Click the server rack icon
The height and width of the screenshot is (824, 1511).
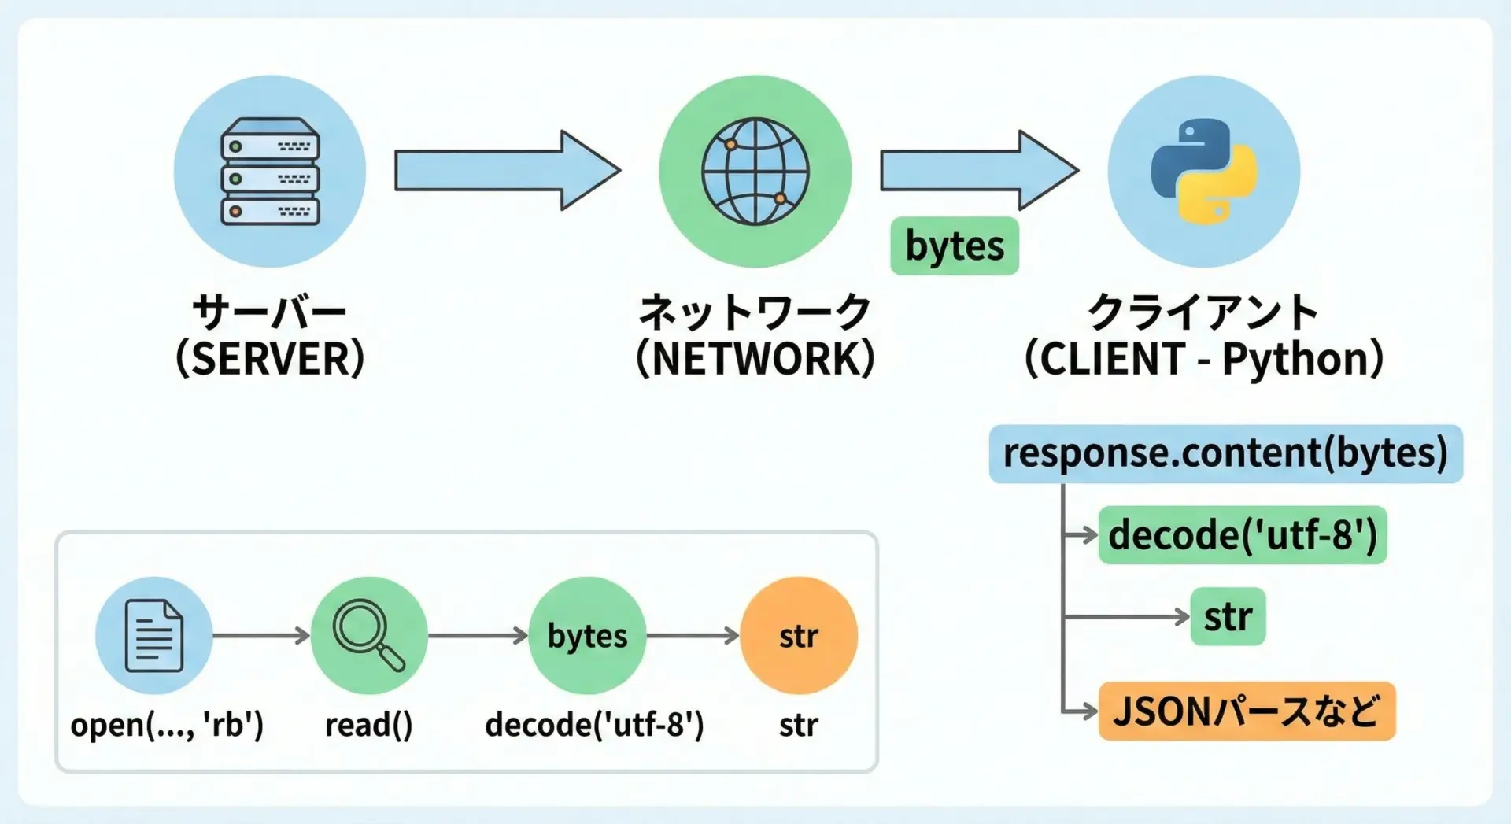270,172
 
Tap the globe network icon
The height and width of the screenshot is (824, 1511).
755,172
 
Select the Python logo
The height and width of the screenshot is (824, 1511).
1203,172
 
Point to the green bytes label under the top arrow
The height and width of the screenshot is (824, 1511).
954,246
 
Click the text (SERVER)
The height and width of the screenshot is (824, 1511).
270,359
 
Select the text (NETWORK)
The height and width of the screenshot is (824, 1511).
755,359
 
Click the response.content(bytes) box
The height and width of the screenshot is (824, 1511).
1225,454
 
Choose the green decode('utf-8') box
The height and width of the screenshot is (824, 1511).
1242,535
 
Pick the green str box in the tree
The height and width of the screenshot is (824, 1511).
1228,616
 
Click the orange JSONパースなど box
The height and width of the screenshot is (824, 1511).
1247,711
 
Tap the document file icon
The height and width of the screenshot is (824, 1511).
154,635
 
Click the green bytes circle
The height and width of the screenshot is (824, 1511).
587,635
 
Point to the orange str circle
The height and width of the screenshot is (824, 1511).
799,635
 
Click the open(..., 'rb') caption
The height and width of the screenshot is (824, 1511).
167,725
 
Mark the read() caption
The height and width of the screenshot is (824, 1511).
368,725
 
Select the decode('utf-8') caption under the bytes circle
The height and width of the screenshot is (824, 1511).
594,725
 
